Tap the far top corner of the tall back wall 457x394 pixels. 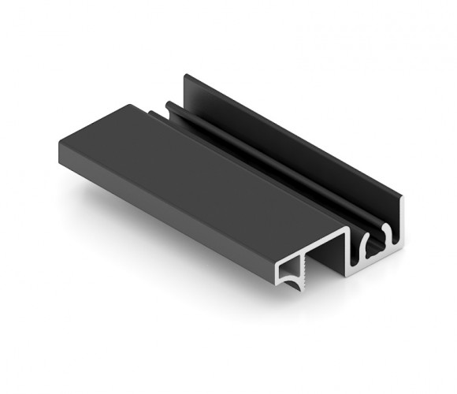point(186,76)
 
